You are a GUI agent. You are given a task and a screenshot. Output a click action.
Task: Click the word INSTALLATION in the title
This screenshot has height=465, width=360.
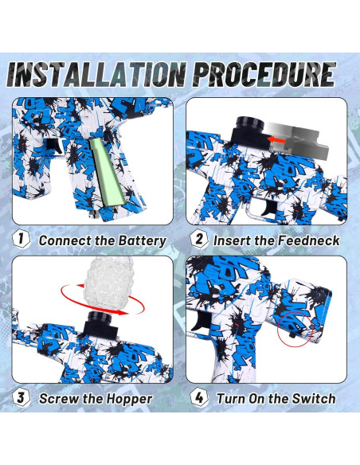[96, 74]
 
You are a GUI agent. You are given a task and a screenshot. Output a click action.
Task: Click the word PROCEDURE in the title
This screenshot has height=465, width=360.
[266, 74]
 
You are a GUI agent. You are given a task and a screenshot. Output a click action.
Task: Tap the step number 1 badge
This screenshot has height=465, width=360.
[21, 239]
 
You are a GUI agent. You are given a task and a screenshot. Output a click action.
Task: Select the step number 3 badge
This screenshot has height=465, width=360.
[21, 397]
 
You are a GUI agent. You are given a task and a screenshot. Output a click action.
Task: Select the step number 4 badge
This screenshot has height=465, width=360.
[199, 397]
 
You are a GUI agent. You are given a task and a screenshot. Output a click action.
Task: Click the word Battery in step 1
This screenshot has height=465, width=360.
[142, 241]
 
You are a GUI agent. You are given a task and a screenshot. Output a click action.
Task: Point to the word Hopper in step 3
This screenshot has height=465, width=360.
[129, 399]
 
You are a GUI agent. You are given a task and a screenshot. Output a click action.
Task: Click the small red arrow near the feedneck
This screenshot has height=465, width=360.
[276, 139]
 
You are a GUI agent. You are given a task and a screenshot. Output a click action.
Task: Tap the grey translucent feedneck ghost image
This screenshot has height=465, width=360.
[296, 139]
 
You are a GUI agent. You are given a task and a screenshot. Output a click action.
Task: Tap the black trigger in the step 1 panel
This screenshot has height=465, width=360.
[55, 146]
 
